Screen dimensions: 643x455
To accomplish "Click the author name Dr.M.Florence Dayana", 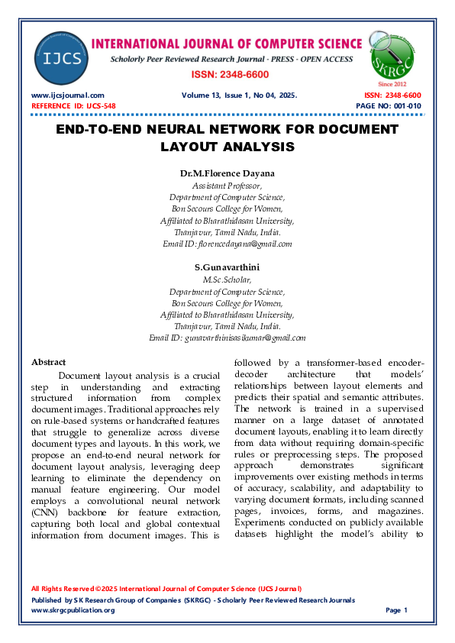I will pyautogui.click(x=227, y=174).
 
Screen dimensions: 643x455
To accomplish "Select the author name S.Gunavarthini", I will pyautogui.click(x=227, y=267).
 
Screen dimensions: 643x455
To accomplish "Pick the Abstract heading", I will pyautogui.click(x=48, y=361).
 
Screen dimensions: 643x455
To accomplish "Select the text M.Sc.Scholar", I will pyautogui.click(x=227, y=279).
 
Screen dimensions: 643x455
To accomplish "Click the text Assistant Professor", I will pyautogui.click(x=227, y=186).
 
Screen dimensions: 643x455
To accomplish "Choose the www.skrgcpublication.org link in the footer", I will pyautogui.click(x=73, y=610).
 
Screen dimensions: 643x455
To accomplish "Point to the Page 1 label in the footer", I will pyautogui.click(x=397, y=610).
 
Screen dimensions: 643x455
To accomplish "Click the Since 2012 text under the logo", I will pyautogui.click(x=392, y=83).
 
